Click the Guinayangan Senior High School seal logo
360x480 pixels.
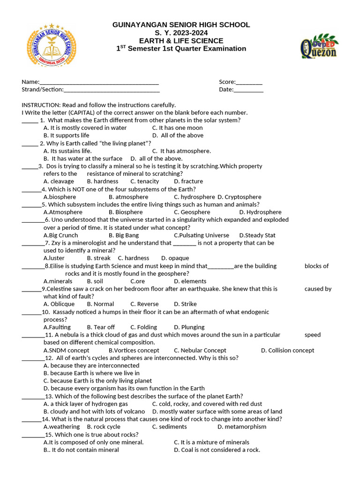(52, 46)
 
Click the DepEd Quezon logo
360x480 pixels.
(318, 46)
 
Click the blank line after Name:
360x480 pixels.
(99, 82)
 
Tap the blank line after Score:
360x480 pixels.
(249, 82)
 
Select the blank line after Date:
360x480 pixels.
(248, 90)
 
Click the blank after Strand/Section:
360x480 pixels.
(112, 90)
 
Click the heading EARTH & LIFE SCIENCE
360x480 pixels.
(181, 41)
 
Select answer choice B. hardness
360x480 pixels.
(103, 181)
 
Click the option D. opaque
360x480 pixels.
(175, 258)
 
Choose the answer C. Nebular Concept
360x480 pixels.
(200, 351)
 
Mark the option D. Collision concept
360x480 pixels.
(287, 351)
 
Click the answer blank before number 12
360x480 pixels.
(32, 358)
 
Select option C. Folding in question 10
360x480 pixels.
(143, 327)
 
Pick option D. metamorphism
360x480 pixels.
(242, 427)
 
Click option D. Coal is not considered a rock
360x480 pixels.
(217, 450)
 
